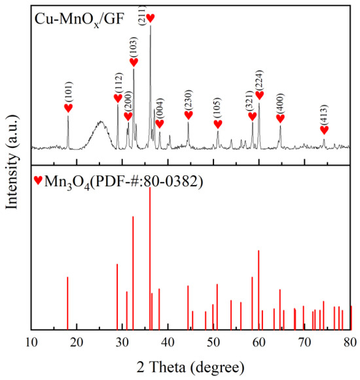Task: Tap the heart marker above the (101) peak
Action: (x=68, y=108)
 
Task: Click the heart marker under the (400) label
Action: (x=280, y=118)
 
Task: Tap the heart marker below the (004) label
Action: (x=159, y=124)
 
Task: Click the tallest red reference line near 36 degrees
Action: (x=150, y=262)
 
